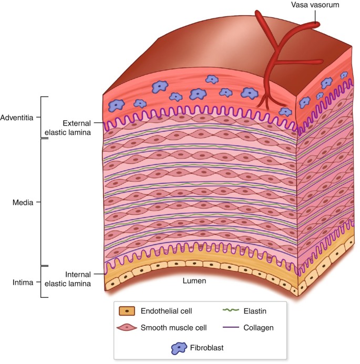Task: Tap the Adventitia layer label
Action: pyautogui.click(x=19, y=117)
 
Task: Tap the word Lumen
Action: pyautogui.click(x=194, y=281)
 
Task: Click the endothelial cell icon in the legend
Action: pyautogui.click(x=128, y=311)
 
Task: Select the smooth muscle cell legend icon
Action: pyautogui.click(x=128, y=328)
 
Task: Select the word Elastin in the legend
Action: pyautogui.click(x=256, y=311)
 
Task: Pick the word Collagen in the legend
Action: pyautogui.click(x=260, y=328)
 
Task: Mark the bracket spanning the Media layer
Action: pyautogui.click(x=42, y=202)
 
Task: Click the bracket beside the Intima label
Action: pyautogui.click(x=42, y=282)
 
